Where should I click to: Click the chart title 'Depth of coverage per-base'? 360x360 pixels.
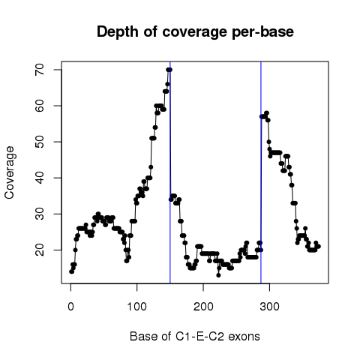coord(195,32)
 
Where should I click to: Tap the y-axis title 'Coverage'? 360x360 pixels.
coord(10,172)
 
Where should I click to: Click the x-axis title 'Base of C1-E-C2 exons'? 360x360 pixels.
coord(195,337)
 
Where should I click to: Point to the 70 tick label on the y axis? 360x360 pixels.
coord(40,70)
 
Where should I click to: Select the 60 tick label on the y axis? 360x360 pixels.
coord(40,106)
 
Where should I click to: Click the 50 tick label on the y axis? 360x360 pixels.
coord(40,142)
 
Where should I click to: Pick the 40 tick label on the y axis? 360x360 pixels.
coord(40,178)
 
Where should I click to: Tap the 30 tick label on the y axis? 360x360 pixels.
coord(40,214)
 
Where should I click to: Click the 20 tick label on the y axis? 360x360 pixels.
coord(40,250)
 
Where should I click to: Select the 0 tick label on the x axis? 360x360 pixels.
coord(70,307)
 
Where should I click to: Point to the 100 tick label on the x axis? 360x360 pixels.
coord(137,307)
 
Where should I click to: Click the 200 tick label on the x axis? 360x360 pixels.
coord(203,307)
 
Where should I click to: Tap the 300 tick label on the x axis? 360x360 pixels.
coord(269,307)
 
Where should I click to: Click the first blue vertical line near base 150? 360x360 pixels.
coord(170,172)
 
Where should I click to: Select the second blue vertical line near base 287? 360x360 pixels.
coord(261,172)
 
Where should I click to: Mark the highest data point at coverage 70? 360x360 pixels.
coord(169,70)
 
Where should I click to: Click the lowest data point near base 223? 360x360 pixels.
coord(218,275)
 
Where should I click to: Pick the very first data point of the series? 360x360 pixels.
coord(71,271)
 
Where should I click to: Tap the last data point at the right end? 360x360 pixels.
coord(319,247)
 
